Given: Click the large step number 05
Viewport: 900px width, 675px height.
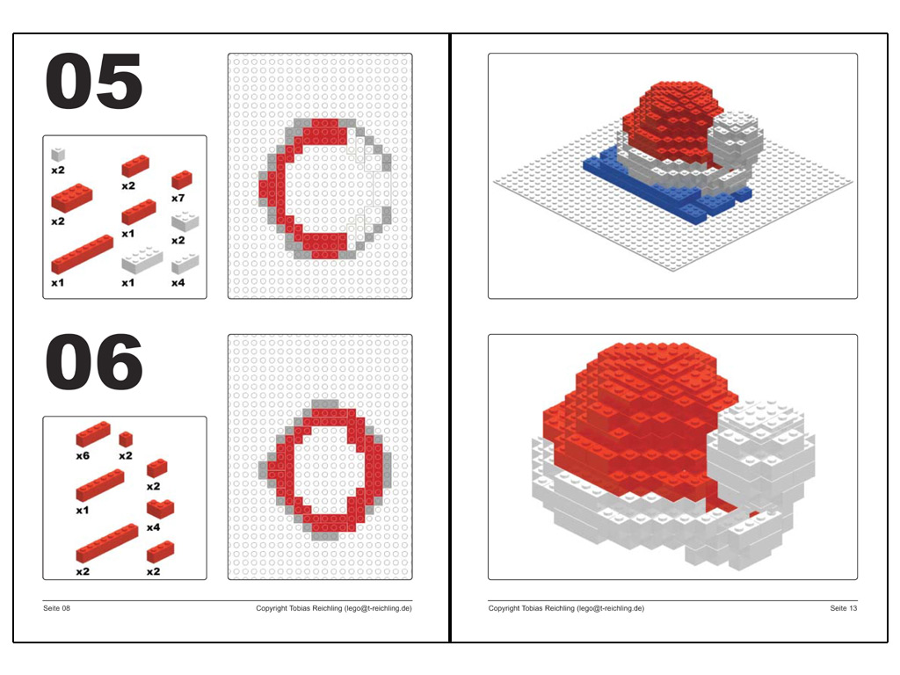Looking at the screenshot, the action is tap(93, 81).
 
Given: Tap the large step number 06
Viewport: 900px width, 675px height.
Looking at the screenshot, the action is tap(93, 361).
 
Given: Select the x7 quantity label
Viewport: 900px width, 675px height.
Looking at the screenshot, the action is tap(178, 198).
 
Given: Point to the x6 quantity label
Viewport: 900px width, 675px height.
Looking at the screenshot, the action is tap(83, 456).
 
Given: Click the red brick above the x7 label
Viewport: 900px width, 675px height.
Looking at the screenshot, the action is tap(182, 179).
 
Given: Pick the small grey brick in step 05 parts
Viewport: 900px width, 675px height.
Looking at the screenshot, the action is tap(58, 154).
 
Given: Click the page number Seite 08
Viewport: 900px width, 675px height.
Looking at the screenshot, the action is tap(56, 608).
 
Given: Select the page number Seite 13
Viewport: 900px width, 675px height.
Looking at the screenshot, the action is tap(843, 608).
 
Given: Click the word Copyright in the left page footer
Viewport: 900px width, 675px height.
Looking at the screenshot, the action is tap(272, 608).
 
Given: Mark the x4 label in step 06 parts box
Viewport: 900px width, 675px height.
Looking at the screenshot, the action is tap(153, 527).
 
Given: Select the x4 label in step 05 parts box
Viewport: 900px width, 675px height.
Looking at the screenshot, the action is tap(178, 282).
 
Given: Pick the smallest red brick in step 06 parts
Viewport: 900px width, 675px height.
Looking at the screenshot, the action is tap(126, 439).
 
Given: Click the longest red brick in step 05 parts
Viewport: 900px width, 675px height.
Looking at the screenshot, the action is tap(82, 254).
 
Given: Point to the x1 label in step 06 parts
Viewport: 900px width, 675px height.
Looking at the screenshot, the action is tap(83, 511).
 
